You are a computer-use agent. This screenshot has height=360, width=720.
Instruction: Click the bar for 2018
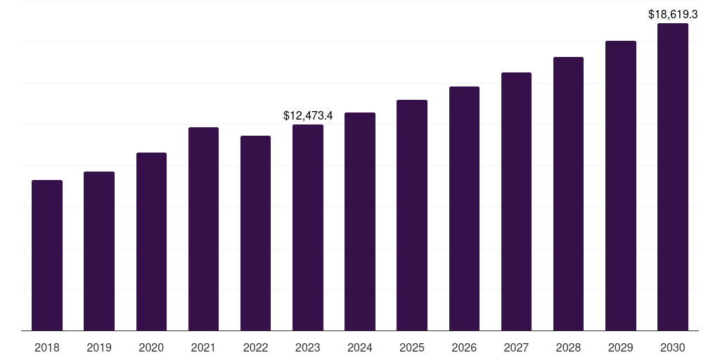(x=47, y=255)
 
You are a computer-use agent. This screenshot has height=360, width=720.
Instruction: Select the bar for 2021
(x=203, y=229)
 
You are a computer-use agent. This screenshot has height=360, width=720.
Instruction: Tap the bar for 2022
(x=255, y=233)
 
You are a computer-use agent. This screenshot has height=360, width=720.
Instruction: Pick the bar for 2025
(x=412, y=215)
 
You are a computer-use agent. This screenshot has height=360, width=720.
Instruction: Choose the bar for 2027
(x=516, y=201)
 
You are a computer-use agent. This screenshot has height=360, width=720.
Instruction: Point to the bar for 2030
(x=673, y=176)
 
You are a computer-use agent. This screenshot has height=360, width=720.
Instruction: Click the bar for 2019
(x=99, y=251)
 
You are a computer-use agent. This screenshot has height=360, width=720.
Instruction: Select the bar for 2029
(x=621, y=186)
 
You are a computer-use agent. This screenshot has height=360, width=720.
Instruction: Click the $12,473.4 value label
(x=307, y=115)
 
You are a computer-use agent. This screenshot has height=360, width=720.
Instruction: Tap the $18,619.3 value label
(x=673, y=13)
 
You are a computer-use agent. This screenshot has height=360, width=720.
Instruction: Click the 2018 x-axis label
(x=47, y=347)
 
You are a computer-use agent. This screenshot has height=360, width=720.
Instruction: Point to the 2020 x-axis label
(x=151, y=347)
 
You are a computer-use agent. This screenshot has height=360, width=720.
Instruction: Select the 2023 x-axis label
(x=307, y=347)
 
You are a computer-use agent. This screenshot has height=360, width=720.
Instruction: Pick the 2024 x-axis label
(x=360, y=347)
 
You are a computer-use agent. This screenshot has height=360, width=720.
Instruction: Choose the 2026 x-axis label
(x=464, y=347)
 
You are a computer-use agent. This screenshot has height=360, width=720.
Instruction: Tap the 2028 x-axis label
(x=568, y=347)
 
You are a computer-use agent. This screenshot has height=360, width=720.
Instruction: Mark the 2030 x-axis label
(x=673, y=347)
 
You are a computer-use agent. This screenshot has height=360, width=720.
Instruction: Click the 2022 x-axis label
(x=255, y=347)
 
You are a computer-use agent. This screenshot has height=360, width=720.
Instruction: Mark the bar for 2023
(x=307, y=227)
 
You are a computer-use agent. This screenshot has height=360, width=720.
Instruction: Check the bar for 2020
(x=151, y=241)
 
